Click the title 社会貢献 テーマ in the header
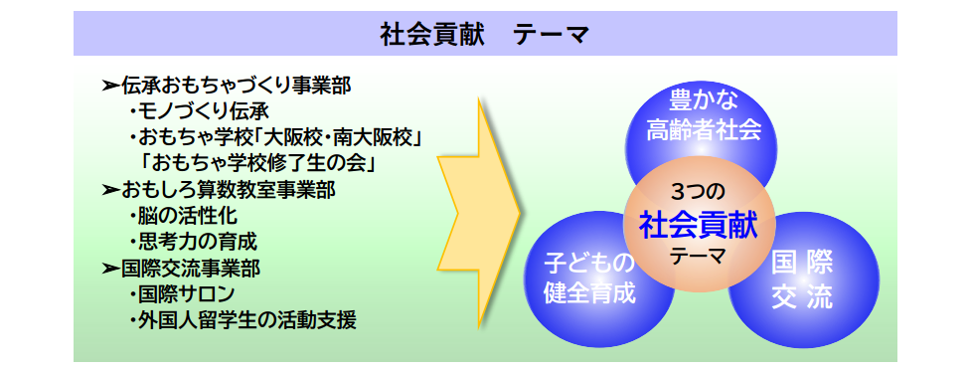click(x=485, y=35)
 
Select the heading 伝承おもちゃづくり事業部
click(x=237, y=86)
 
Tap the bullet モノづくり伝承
click(x=200, y=111)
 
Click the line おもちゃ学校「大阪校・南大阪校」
click(x=275, y=137)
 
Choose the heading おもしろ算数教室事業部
click(x=229, y=190)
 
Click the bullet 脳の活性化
click(x=184, y=216)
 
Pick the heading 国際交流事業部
click(x=191, y=269)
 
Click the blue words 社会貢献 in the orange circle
click(x=699, y=226)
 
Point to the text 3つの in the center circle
click(x=698, y=193)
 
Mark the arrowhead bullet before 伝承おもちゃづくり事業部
click(x=111, y=86)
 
